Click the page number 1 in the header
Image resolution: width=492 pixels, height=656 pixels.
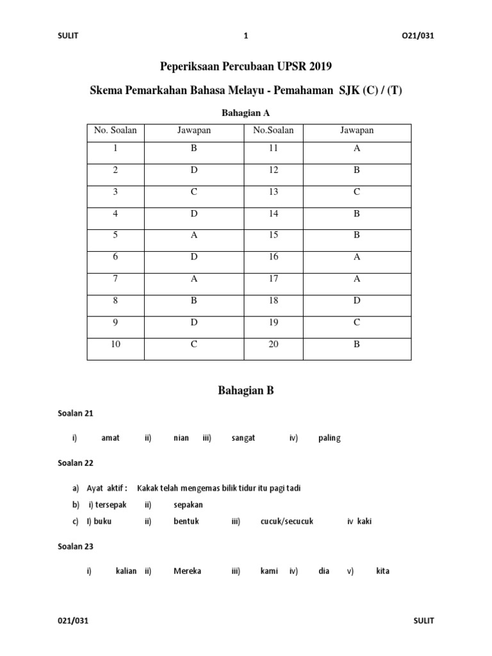coord(246,37)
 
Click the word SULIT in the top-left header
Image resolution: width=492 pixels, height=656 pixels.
coord(67,37)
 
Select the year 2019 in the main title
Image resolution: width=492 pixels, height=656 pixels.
coord(321,67)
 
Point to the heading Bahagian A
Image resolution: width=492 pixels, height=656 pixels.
coord(245,113)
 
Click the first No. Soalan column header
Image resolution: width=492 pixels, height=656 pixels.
coord(115,131)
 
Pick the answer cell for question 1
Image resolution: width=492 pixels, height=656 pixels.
coord(194,148)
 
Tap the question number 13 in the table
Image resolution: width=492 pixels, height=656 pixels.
coord(274,192)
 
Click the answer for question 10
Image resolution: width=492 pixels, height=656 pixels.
coord(194,344)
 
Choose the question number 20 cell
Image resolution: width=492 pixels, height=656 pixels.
coord(274,344)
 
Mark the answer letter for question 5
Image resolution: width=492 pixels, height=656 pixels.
coord(194,235)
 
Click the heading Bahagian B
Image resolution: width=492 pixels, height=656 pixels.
coord(246,390)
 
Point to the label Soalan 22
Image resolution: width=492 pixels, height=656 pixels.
coord(76,463)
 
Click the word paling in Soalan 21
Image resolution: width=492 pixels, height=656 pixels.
coord(329,438)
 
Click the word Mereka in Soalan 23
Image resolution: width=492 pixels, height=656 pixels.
coord(187,571)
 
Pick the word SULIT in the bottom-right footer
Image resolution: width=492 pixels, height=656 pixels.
coord(424,621)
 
